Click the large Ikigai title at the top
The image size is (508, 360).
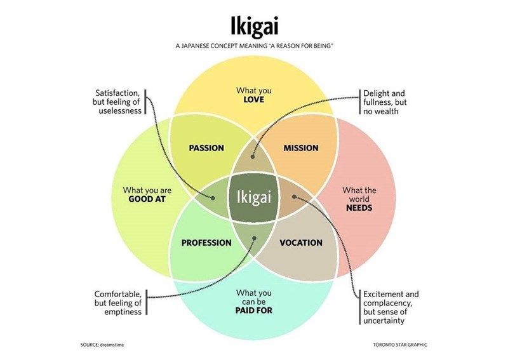coord(254,26)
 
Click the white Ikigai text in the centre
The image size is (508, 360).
coord(254,197)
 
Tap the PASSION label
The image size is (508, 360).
coord(206,148)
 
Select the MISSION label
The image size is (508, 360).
coord(301,148)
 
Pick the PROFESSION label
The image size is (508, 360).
coord(206,243)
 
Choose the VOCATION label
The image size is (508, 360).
coord(301,243)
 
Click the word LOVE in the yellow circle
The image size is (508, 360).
coord(253,100)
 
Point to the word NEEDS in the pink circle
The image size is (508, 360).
coord(359,208)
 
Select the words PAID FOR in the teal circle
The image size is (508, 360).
coord(253,310)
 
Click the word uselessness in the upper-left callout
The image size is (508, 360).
coord(120,111)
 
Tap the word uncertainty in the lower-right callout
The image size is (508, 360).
coord(388,321)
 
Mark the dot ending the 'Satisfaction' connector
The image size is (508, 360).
coord(214,197)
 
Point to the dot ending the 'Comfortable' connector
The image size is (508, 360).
coord(254,239)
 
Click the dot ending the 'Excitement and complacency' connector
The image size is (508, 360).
coord(293,196)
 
